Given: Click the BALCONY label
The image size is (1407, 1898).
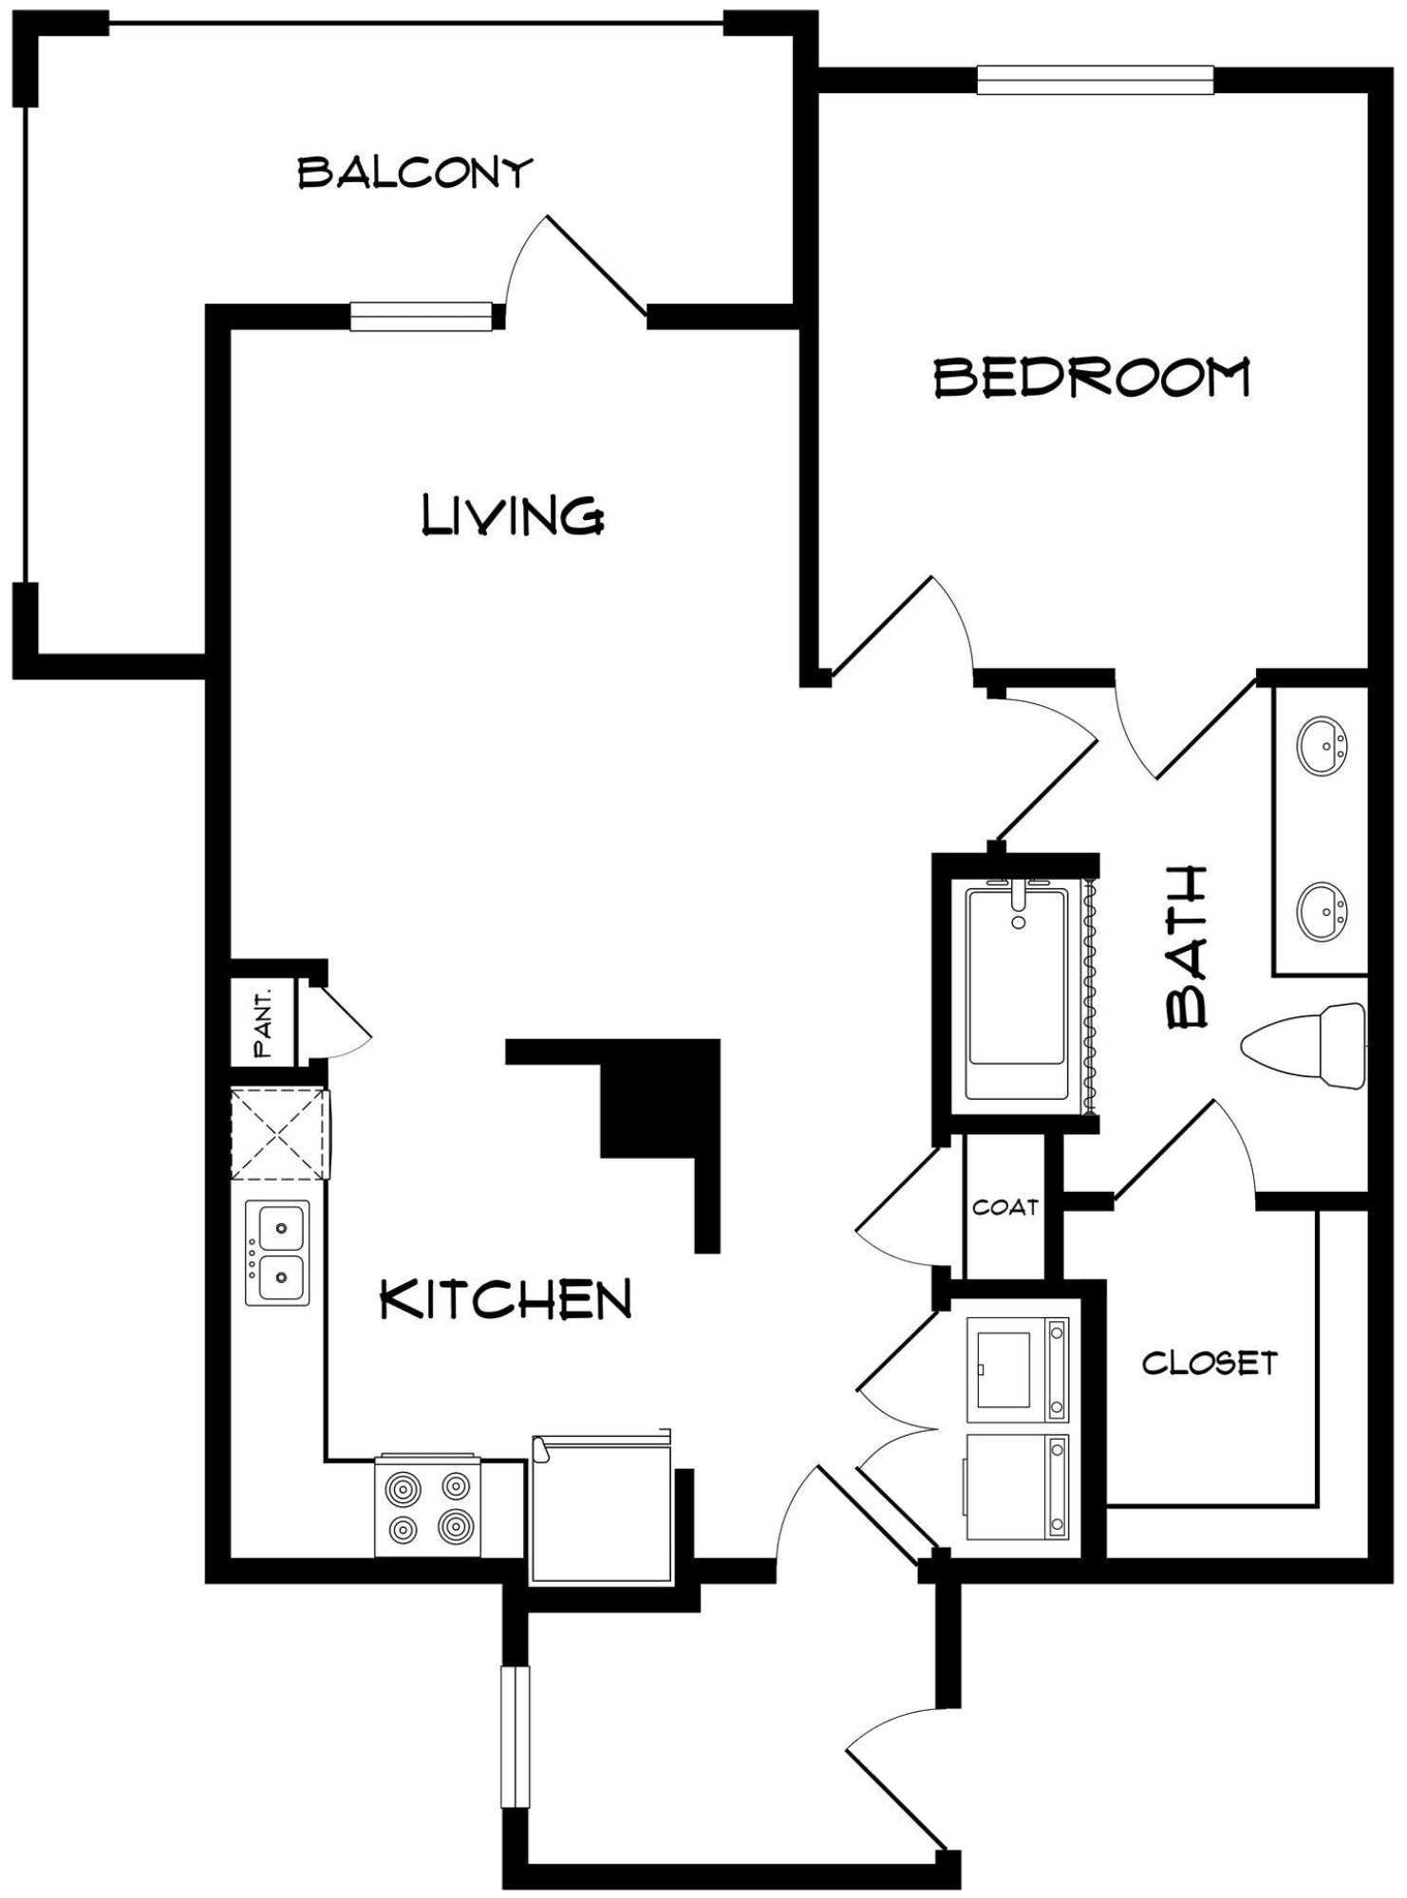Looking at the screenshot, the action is tap(415, 173).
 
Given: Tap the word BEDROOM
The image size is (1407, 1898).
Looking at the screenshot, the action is tap(1093, 377).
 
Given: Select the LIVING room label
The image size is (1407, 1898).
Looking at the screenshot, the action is tap(513, 515).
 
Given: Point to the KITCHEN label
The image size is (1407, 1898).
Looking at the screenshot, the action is tap(505, 1299).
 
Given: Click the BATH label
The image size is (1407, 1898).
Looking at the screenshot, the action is tap(1187, 947).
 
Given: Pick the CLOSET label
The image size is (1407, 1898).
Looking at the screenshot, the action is tap(1210, 1364).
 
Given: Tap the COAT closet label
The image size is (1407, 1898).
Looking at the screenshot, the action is tap(1005, 1207).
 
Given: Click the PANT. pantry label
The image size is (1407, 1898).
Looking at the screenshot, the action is tap(263, 1024).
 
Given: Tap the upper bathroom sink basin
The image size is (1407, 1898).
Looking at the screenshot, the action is tap(1323, 745).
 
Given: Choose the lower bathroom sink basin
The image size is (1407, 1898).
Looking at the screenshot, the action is tap(1323, 911).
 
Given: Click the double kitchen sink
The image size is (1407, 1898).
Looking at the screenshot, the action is tap(277, 1253).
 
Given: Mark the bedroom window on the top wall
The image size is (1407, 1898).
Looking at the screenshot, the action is tap(1096, 80).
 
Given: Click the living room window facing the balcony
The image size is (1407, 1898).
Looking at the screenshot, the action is tap(421, 316).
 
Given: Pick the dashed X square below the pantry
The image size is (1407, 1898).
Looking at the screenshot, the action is tap(280, 1134).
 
